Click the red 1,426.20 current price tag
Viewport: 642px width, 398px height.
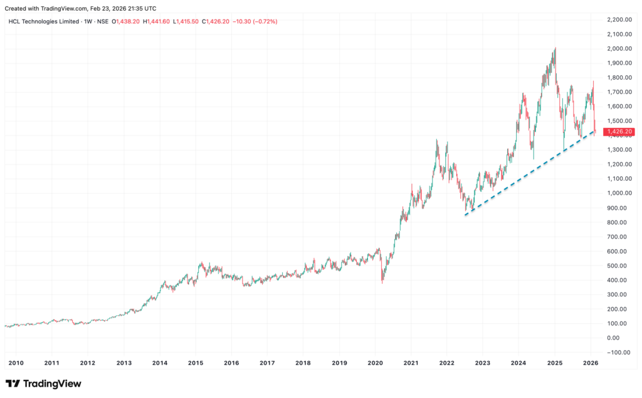(619, 132)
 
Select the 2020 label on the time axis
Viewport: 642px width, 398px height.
(375, 363)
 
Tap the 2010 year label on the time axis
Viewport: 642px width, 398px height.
(16, 363)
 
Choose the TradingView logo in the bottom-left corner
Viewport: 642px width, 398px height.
(43, 384)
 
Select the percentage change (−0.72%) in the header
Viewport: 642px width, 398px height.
(264, 21)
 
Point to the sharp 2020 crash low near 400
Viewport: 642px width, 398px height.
(382, 282)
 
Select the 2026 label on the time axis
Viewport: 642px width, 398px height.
(591, 363)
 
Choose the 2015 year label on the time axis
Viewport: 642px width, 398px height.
(196, 363)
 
